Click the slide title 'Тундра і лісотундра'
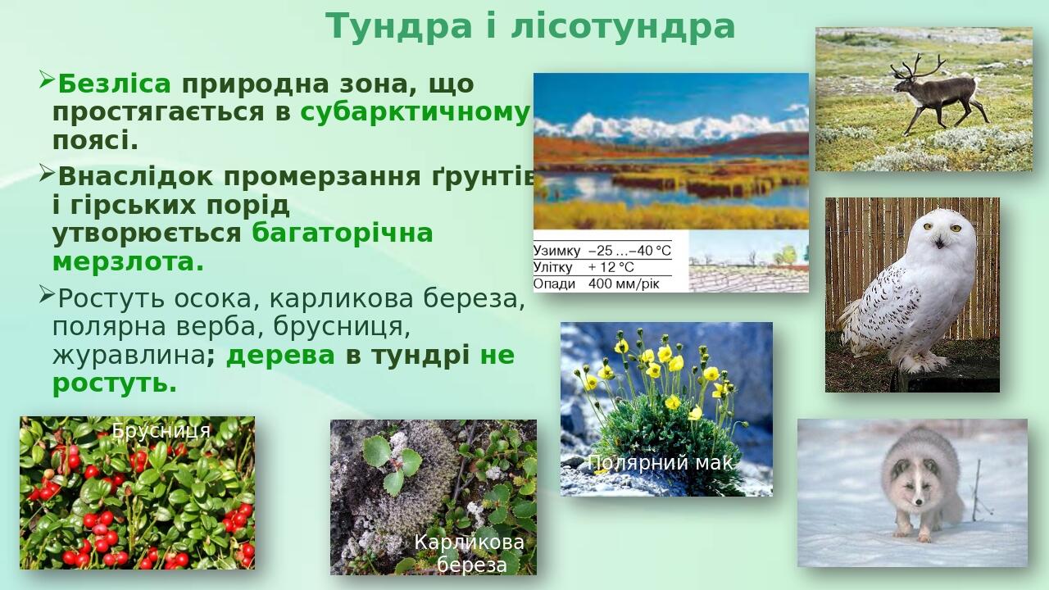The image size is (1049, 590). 530,26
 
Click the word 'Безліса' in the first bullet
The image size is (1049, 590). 114,84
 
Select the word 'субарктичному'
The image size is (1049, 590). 415,112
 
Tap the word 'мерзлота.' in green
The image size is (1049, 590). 128,262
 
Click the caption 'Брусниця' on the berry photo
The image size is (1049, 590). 161,430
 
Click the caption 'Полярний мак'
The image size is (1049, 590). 660,463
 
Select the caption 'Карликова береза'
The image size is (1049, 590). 470,553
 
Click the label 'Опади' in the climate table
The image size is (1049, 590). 554,284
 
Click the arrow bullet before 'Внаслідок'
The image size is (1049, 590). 46,173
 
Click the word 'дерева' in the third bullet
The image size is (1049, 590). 280,356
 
